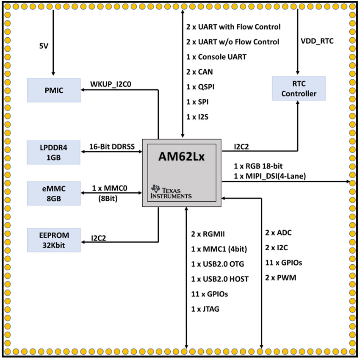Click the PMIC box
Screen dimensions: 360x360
[x=54, y=90]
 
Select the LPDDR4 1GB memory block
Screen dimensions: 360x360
[x=54, y=152]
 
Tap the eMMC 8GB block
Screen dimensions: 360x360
[x=54, y=193]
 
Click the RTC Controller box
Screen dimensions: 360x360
[x=299, y=88]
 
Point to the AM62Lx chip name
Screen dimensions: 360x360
[x=181, y=157]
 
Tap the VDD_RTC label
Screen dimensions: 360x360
[x=318, y=42]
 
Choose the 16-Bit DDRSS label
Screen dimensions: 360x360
[x=112, y=146]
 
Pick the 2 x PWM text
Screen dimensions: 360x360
[x=280, y=278]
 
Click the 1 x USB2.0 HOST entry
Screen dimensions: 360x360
[x=220, y=279]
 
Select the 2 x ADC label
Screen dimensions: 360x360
[x=278, y=233]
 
